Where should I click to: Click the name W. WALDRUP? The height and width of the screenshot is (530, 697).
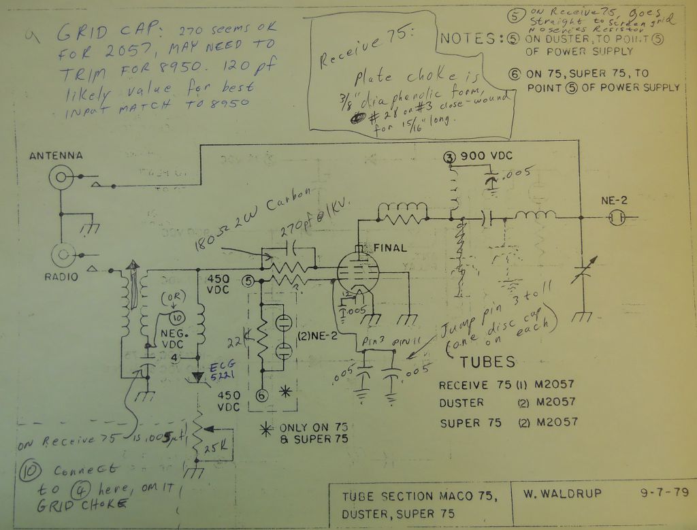click(563, 493)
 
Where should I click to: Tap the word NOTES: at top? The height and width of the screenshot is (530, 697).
click(472, 39)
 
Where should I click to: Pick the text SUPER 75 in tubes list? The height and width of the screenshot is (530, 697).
click(470, 423)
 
